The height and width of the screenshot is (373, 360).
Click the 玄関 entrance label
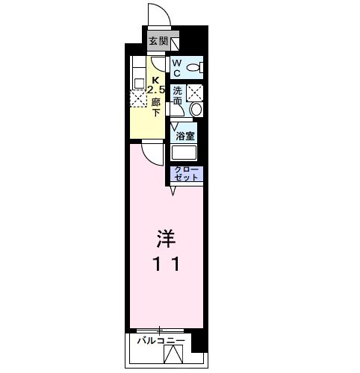157,42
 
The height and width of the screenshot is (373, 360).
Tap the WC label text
177,69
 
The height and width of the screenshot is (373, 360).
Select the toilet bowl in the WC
193,69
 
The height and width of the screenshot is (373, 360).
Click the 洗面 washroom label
177,95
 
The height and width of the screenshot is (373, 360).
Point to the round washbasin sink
196,109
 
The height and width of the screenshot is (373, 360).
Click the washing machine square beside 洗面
194,93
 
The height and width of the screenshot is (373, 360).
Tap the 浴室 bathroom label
185,136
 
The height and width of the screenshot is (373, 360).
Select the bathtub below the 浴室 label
184,153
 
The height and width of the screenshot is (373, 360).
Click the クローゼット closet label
187,174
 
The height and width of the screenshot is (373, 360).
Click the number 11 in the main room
167,263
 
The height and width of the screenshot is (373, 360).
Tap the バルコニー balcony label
161,341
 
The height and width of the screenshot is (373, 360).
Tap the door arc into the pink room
153,153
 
